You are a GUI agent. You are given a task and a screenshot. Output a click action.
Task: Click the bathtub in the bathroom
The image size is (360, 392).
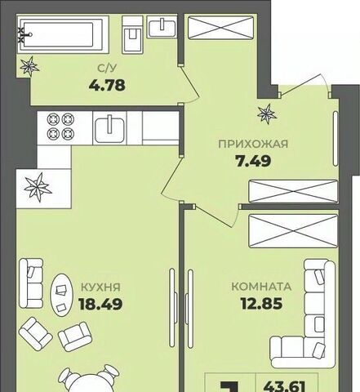[x=63, y=34]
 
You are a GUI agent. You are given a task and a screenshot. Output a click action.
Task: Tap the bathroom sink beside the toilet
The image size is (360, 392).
[x=162, y=26]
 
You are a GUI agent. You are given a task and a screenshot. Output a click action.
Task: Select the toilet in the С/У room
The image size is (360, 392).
[x=132, y=34]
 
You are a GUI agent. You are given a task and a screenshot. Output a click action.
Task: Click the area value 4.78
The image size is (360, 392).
[x=107, y=86]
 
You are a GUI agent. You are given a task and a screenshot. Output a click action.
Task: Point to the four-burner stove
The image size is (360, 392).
[x=60, y=126]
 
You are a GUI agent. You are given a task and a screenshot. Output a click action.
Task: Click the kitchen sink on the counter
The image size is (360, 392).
[x=109, y=128]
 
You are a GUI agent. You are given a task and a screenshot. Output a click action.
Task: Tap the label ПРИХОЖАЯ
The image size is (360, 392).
[x=253, y=144]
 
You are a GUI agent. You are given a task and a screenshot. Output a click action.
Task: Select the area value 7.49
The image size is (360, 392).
[x=253, y=161]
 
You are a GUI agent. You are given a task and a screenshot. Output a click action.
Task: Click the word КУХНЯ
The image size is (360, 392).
[x=100, y=287]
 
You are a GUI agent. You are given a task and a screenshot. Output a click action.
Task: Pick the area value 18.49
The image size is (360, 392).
[x=100, y=304]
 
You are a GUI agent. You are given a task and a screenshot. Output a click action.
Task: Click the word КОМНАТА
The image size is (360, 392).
[x=261, y=287]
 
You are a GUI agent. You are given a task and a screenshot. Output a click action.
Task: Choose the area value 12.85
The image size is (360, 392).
[x=261, y=304]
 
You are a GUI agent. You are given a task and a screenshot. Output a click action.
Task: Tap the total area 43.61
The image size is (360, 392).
[x=286, y=386]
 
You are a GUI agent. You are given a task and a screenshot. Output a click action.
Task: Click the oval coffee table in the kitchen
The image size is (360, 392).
[x=61, y=295]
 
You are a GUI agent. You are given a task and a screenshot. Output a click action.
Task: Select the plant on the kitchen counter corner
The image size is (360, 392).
[x=38, y=188]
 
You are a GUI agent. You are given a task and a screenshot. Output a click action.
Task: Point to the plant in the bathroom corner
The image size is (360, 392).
[x=29, y=65]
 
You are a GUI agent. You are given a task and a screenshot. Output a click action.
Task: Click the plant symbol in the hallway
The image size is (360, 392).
[x=267, y=114]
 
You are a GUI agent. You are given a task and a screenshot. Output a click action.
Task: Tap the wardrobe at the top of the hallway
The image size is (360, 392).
[x=220, y=28]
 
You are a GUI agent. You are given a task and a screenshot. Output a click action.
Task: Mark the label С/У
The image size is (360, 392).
[x=107, y=69]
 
